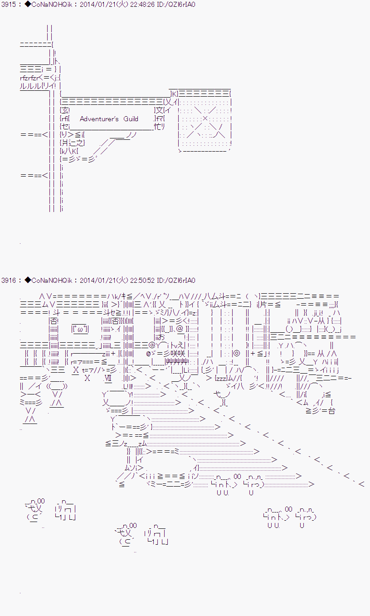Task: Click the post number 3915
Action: click(9, 5)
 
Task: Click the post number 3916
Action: click(9, 281)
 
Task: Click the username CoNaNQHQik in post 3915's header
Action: click(51, 5)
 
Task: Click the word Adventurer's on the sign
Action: click(99, 119)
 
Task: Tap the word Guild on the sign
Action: click(131, 119)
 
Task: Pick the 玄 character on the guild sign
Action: click(66, 110)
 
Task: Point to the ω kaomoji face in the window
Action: click(80, 329)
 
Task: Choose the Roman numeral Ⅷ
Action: click(107, 378)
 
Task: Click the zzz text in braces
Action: click(221, 378)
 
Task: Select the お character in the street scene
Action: click(161, 337)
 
